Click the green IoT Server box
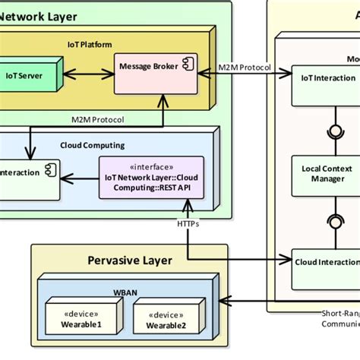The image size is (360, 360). click(x=30, y=75)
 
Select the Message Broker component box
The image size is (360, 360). click(x=151, y=74)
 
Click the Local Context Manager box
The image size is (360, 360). click(x=324, y=173)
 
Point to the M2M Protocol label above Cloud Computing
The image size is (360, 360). click(x=98, y=119)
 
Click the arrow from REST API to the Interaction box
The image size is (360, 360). click(x=81, y=178)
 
